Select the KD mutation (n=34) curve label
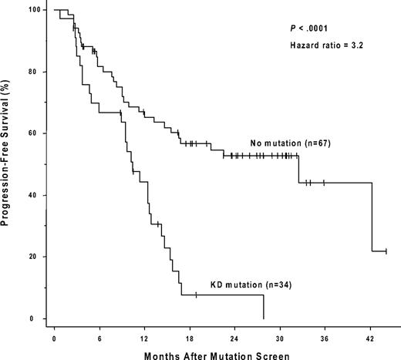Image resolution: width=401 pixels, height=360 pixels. (246, 284)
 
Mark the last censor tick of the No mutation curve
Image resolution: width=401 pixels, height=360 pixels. (386, 251)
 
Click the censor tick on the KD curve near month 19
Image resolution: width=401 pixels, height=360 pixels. (196, 294)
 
